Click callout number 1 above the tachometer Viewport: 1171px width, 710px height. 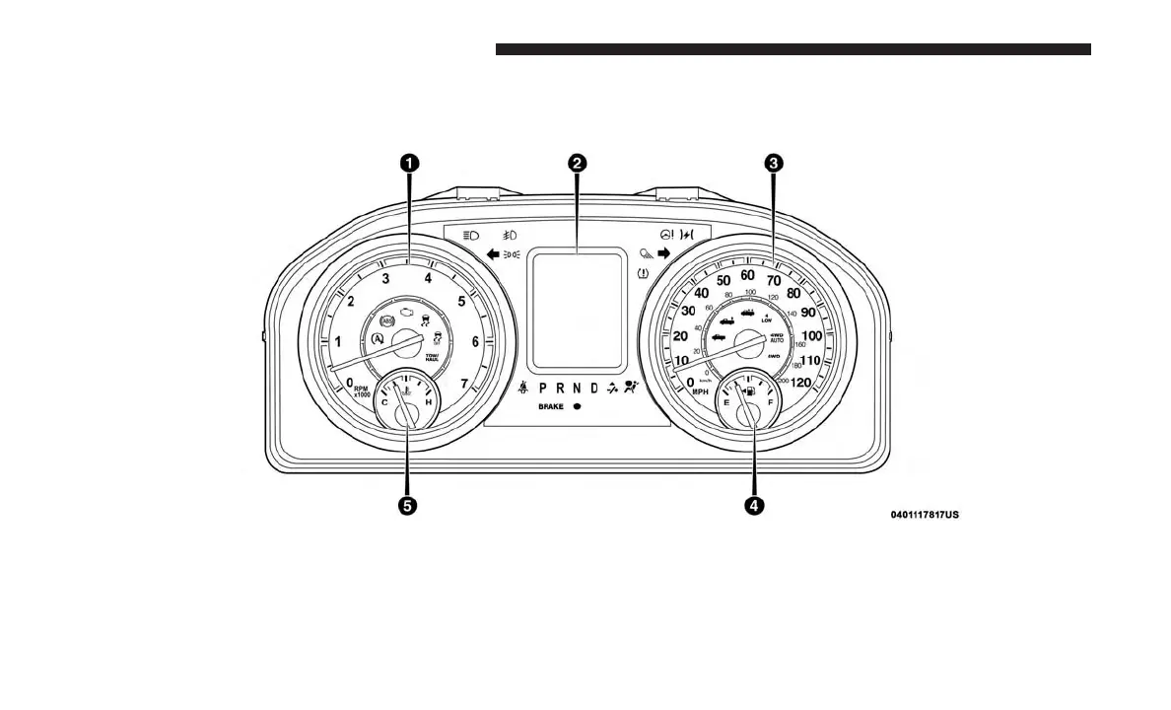407,163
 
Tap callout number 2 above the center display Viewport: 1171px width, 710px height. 578,163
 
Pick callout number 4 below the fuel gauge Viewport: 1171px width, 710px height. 753,505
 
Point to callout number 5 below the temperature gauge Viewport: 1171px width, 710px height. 407,505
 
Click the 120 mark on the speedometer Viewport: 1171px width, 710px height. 801,383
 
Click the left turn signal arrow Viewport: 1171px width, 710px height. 493,253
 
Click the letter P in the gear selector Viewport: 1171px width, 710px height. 543,388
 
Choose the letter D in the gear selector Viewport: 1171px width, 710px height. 594,388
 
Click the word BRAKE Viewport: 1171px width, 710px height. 551,406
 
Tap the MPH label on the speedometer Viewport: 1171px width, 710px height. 700,391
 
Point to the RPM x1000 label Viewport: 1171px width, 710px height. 362,391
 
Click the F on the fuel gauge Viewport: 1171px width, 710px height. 770,403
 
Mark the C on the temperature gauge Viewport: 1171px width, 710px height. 384,403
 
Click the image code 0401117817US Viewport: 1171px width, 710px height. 924,514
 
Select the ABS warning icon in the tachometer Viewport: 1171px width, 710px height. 384,321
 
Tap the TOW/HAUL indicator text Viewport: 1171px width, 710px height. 432,357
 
